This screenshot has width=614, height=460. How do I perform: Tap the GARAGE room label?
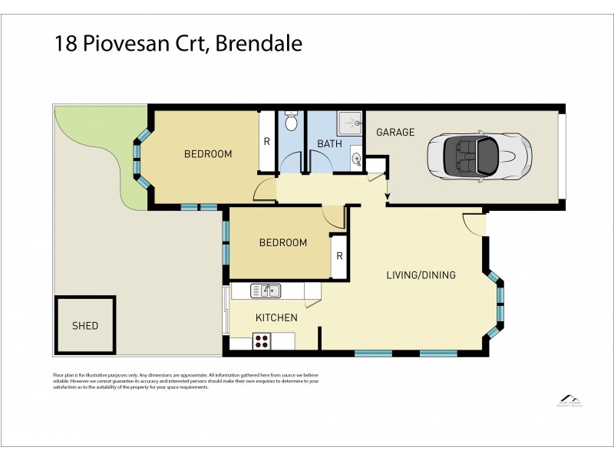pos(395,132)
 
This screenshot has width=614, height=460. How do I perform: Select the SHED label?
pos(85,325)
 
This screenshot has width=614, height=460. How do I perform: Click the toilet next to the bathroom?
pos(291,122)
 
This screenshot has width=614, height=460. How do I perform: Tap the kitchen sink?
pos(266,291)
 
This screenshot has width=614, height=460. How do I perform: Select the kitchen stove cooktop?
pos(262,341)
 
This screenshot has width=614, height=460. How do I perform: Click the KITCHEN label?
pos(276,317)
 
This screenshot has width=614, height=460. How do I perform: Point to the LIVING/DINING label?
pos(420,275)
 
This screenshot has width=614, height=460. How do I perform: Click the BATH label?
pos(329,143)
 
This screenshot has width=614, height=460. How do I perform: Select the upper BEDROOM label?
pos(208,154)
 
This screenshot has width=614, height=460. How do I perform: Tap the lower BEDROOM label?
pos(282,243)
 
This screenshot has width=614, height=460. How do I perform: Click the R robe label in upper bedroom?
pos(267,142)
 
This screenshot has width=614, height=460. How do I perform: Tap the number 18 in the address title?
pos(64,44)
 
